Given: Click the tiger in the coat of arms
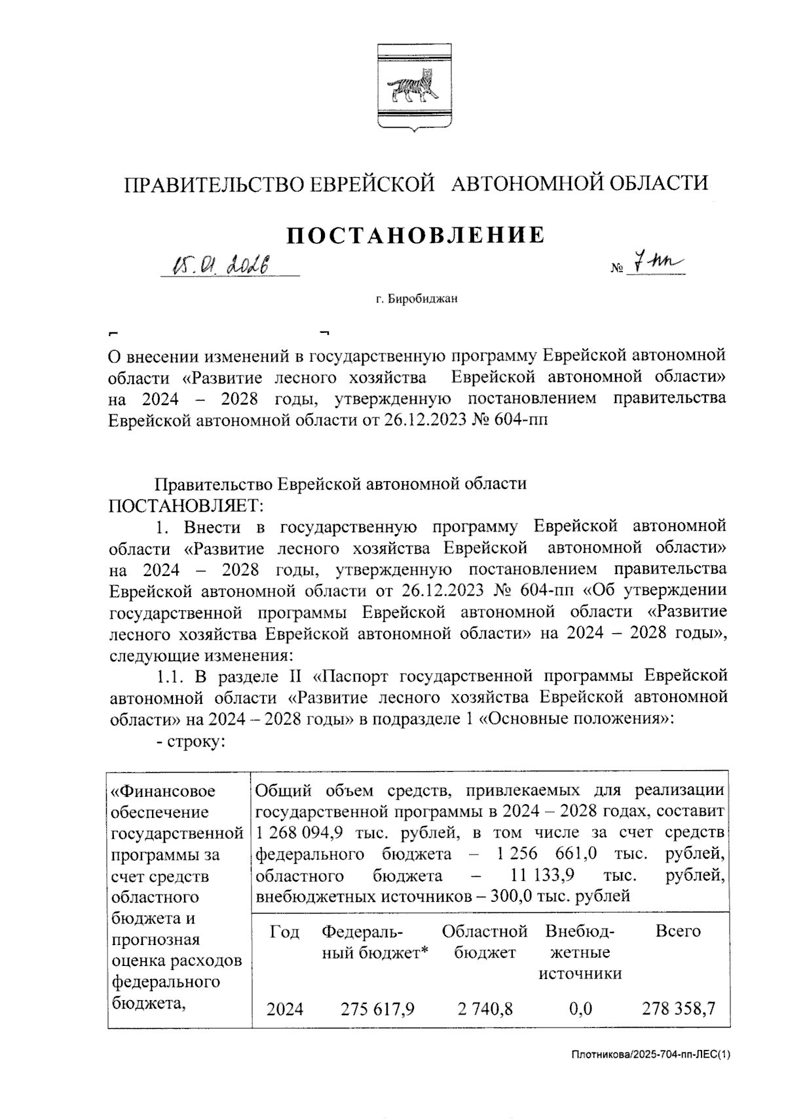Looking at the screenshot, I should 413,89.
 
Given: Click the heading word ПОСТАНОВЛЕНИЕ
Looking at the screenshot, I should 416,235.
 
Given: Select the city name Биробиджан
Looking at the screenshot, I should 422,299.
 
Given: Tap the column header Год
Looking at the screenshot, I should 284,932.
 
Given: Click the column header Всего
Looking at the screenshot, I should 677,931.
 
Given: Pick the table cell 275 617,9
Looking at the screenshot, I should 377,1008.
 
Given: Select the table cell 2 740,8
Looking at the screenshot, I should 485,1008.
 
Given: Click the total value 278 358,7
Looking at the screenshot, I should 677,1008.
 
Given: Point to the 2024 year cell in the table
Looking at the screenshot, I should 284,1009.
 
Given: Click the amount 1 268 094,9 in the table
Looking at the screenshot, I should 298,833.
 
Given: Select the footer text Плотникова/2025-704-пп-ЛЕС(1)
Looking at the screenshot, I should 650,1054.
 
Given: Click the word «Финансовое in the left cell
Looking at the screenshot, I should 162,791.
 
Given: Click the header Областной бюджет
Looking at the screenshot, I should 485,942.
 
